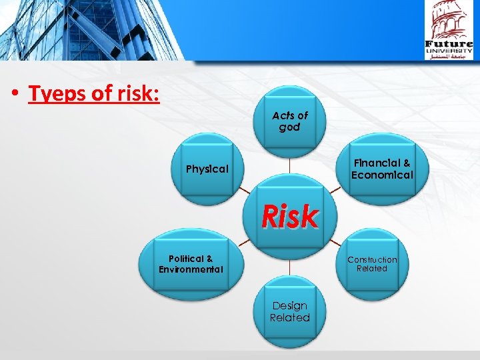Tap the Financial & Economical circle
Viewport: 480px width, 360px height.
pyautogui.click(x=382, y=169)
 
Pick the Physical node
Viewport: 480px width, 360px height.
pyautogui.click(x=207, y=169)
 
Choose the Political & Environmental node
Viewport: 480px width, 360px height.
pyautogui.click(x=191, y=264)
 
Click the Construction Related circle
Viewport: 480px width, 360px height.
pyautogui.click(x=371, y=264)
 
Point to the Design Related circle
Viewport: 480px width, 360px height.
pyautogui.click(x=289, y=312)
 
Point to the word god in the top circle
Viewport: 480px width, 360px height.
pyautogui.click(x=289, y=127)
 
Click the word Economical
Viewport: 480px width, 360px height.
pyautogui.click(x=382, y=175)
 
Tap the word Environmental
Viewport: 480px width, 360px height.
pyautogui.click(x=191, y=270)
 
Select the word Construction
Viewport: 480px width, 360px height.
pyautogui.click(x=371, y=259)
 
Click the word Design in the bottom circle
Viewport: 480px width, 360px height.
pyautogui.click(x=289, y=306)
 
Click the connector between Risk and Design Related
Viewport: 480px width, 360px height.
pyautogui.click(x=289, y=266)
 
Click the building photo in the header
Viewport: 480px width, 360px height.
pyautogui.click(x=90, y=30)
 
